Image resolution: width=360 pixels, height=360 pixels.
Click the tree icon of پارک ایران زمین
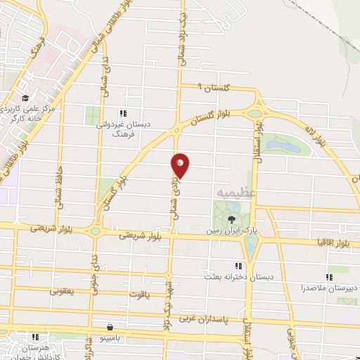pos(233,219)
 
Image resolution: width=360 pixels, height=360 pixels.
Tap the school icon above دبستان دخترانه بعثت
pos(238,265)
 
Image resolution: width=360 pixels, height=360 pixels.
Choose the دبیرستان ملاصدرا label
pos(329,288)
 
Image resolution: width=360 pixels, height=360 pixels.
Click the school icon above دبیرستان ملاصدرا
pos(329,277)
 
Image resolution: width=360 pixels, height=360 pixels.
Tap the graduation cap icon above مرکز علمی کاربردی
pos(25,98)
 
